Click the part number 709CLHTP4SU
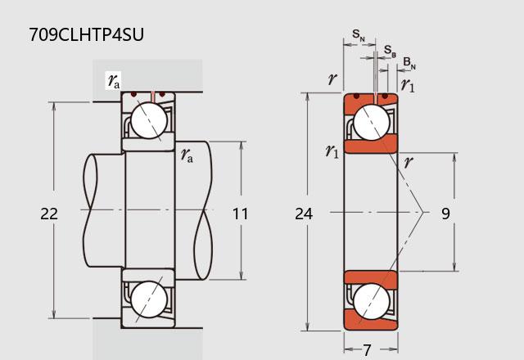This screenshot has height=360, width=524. click(86, 34)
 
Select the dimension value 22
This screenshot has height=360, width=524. click(49, 214)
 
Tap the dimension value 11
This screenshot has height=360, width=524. click(240, 214)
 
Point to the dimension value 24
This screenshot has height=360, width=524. click(304, 214)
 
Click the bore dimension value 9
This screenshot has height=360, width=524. click(445, 214)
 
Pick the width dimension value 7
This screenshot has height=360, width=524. click(368, 350)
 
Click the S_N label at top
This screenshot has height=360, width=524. click(359, 34)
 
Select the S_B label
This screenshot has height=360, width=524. click(390, 51)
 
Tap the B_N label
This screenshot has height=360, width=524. click(409, 63)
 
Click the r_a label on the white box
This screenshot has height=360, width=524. click(114, 80)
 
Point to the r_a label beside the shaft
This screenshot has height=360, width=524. click(187, 155)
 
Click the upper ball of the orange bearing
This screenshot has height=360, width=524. click(371, 122)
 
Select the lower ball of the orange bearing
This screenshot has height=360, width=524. click(371, 301)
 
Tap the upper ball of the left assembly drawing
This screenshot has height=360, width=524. click(149, 120)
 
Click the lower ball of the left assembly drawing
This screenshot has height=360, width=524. click(149, 299)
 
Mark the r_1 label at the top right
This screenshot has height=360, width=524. click(408, 85)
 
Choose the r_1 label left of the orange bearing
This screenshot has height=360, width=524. click(332, 151)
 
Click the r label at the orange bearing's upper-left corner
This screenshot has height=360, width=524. click(332, 79)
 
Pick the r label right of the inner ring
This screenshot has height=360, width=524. click(409, 163)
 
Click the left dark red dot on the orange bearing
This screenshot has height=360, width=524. click(357, 97)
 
